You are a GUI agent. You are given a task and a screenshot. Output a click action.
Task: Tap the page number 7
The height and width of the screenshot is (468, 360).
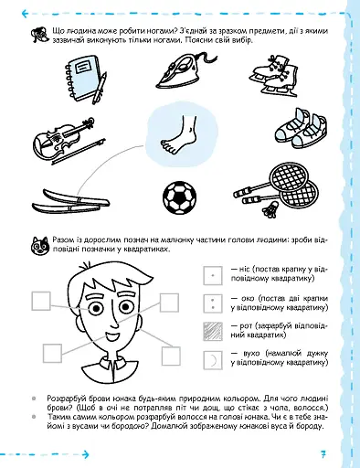click(323, 454)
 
